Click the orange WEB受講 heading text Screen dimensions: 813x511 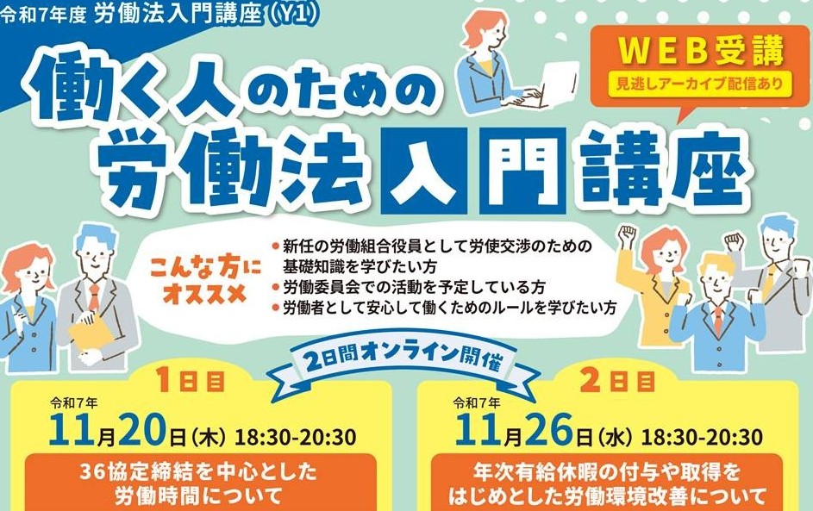point(701,51)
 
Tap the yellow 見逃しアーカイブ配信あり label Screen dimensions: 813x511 point(699,83)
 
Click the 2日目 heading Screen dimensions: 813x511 point(617,382)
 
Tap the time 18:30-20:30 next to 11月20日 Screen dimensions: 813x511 point(296,437)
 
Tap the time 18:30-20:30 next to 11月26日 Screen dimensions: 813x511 point(702,437)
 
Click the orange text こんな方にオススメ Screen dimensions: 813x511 point(205,282)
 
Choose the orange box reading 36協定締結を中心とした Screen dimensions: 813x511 point(201,483)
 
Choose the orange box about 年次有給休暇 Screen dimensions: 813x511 point(607,483)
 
